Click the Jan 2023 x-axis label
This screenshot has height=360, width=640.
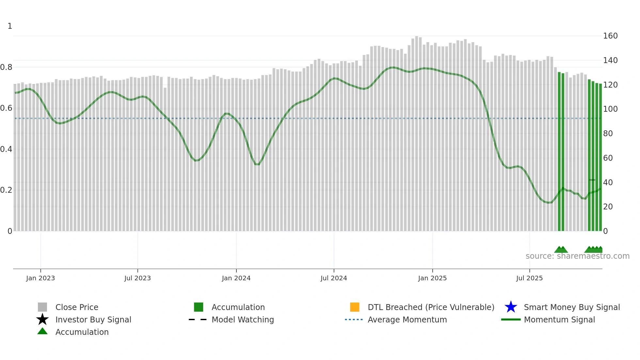click(x=40, y=278)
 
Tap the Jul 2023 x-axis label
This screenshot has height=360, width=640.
click(x=137, y=278)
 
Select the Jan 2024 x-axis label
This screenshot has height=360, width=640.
click(x=236, y=278)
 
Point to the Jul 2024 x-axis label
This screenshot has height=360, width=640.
click(x=334, y=278)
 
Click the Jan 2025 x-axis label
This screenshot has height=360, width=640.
click(x=432, y=278)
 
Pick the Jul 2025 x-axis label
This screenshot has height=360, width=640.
click(x=529, y=278)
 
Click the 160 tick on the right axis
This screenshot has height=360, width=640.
click(x=610, y=36)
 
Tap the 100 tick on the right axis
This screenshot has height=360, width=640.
click(x=610, y=109)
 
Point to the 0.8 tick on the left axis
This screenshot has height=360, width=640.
click(x=6, y=67)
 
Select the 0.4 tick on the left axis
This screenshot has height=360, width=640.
click(x=6, y=149)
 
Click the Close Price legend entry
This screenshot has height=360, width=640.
click(x=77, y=307)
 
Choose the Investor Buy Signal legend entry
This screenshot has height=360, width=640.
click(x=93, y=319)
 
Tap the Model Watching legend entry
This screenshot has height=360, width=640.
click(x=243, y=319)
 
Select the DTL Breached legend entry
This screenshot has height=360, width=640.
click(x=431, y=307)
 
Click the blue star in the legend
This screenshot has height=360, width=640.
click(x=511, y=307)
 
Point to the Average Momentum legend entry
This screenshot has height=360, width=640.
click(x=407, y=319)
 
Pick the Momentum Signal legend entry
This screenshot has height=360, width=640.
click(x=559, y=319)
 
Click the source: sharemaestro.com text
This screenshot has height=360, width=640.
click(x=577, y=256)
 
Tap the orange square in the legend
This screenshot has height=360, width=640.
click(x=355, y=307)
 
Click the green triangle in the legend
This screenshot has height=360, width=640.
click(x=42, y=331)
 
